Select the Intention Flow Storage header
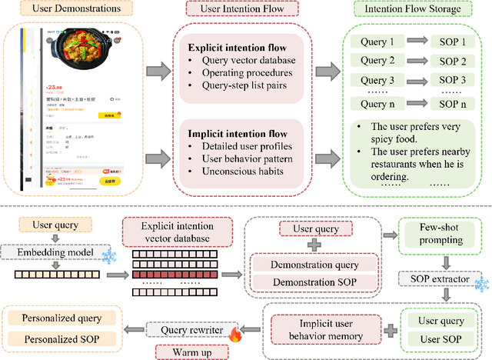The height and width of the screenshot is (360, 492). pyautogui.click(x=417, y=10)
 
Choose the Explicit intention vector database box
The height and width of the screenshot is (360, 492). pyautogui.click(x=175, y=231)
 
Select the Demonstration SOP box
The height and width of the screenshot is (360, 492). pyautogui.click(x=314, y=282)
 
